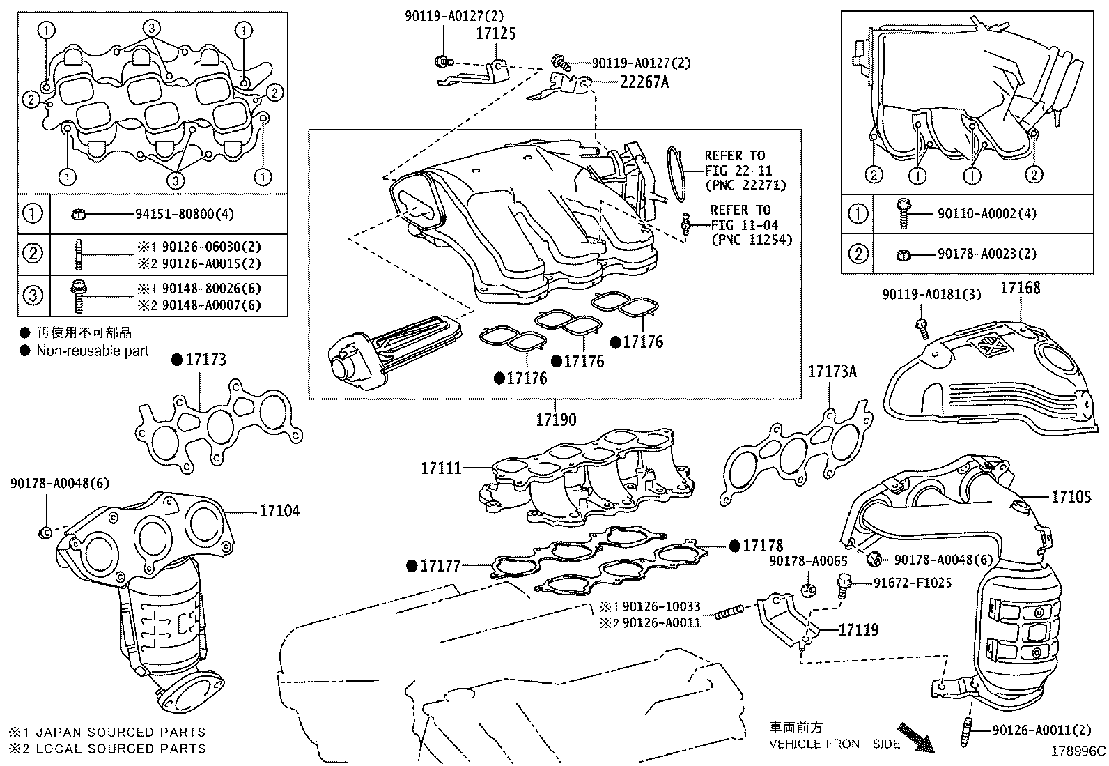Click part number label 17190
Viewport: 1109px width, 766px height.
click(x=556, y=420)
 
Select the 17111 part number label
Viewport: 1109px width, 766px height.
click(x=441, y=468)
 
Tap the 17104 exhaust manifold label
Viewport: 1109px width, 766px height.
click(x=279, y=511)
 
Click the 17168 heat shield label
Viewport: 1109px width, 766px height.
click(x=1021, y=287)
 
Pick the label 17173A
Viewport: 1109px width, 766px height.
click(x=832, y=371)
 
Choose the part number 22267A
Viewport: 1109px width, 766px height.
click(x=644, y=82)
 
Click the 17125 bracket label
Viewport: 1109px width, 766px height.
click(x=496, y=33)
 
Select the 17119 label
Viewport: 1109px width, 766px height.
click(x=858, y=630)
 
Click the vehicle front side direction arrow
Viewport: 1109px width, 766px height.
click(x=915, y=737)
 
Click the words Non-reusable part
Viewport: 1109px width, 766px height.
click(x=93, y=351)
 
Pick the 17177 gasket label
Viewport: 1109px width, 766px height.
click(x=440, y=566)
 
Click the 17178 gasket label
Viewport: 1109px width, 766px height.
click(x=762, y=546)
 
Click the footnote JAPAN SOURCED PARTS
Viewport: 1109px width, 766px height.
click(x=120, y=732)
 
